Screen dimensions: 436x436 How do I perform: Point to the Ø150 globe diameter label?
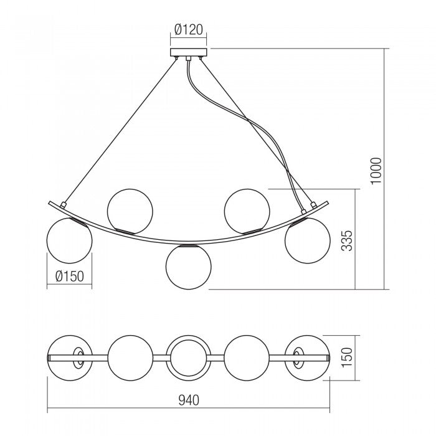tap(69, 276)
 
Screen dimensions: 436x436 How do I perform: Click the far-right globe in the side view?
tap(307, 240)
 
